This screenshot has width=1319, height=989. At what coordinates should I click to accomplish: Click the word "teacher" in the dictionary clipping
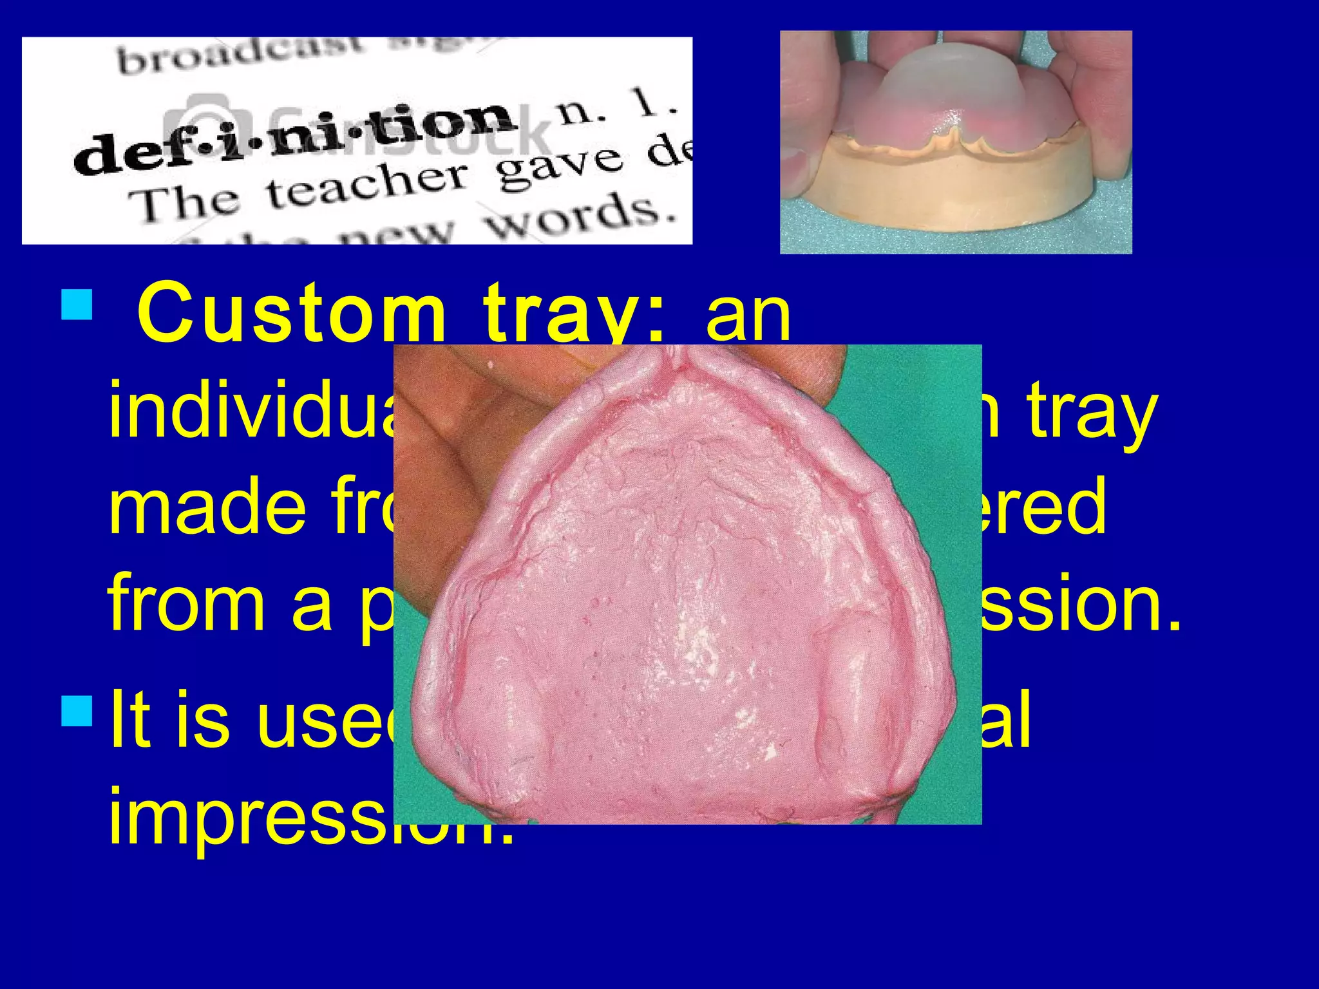pos(367,187)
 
